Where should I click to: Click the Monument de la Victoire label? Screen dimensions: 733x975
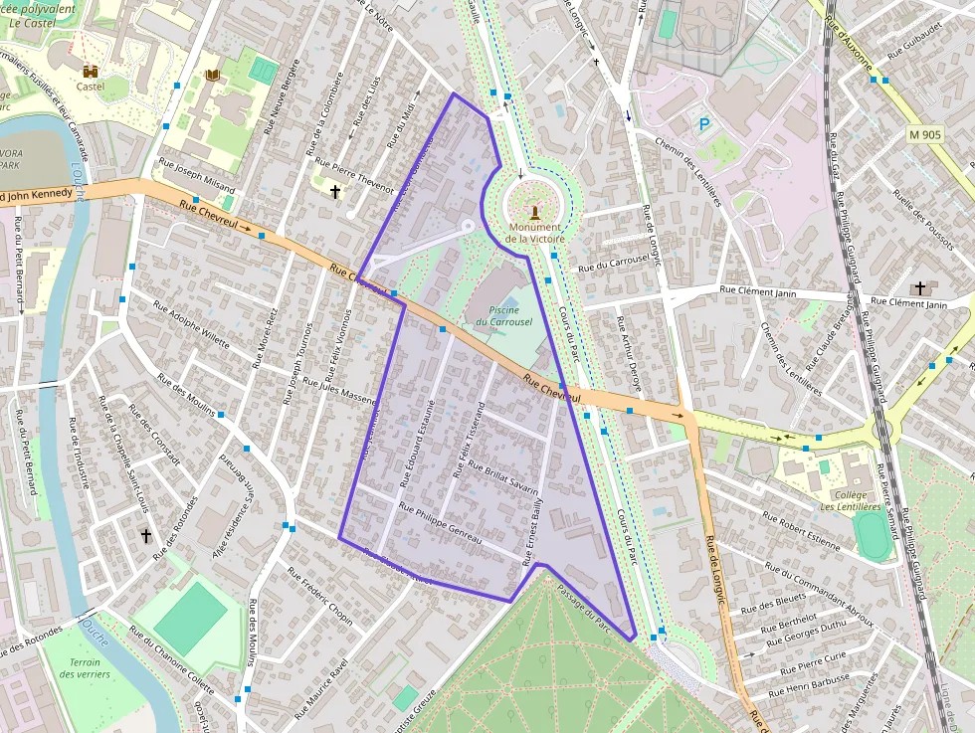(534, 233)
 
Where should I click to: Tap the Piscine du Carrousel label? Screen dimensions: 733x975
(503, 316)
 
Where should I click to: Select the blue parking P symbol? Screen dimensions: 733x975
(704, 124)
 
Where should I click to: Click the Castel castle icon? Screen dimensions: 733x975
(91, 72)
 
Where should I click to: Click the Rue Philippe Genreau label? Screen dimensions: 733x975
(439, 524)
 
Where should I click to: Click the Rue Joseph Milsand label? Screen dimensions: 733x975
(197, 175)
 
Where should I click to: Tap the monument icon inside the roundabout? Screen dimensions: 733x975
(535, 211)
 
